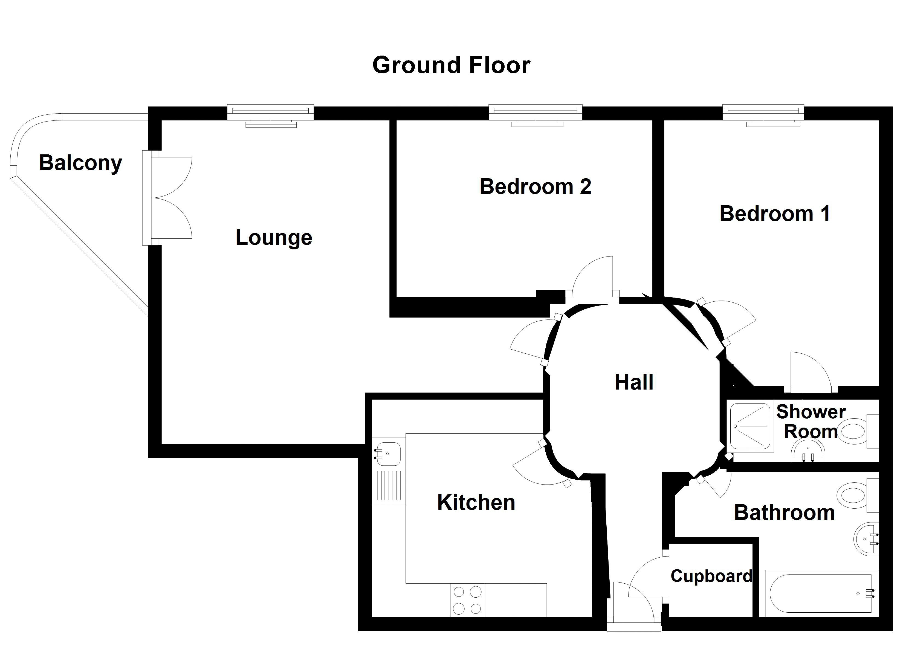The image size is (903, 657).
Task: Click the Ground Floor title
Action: point(451,65)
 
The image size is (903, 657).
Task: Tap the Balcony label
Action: point(80,163)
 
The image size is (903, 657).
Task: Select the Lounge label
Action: point(274,238)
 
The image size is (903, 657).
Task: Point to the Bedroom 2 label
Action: point(535,186)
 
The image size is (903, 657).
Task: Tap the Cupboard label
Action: point(711,577)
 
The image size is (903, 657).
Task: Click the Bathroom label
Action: point(784,512)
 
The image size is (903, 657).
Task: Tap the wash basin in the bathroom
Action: point(866,539)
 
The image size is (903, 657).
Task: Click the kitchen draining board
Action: point(389,485)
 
